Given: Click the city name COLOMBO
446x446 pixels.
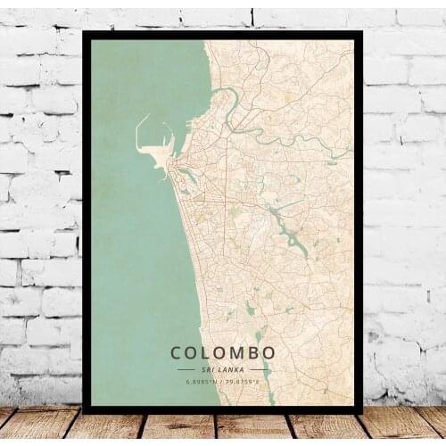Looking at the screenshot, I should pyautogui.click(x=223, y=353).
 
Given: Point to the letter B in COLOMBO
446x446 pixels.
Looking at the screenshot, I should pyautogui.click(x=250, y=353).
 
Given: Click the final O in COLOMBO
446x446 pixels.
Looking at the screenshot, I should pyautogui.click(x=268, y=353).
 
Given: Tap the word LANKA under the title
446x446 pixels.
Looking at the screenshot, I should pyautogui.click(x=231, y=369).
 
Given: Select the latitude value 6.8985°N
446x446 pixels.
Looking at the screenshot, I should pyautogui.click(x=202, y=383).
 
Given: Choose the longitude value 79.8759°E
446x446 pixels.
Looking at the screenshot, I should pyautogui.click(x=243, y=383).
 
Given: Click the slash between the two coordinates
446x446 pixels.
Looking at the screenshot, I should pyautogui.click(x=222, y=383).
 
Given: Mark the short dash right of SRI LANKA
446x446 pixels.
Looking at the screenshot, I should pyautogui.click(x=260, y=369).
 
